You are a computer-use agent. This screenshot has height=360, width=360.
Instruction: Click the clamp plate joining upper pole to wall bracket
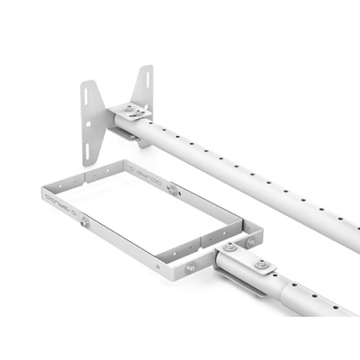point(133,112)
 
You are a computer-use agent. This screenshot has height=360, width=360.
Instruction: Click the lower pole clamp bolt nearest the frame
point(231,247)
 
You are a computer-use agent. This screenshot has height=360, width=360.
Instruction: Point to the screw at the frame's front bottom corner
point(190,267)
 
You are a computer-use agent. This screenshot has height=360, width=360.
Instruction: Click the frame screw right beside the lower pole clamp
point(250,239)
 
